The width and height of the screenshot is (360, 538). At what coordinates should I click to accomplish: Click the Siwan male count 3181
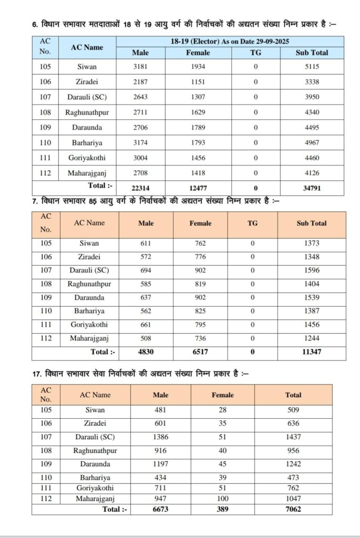pos(140,67)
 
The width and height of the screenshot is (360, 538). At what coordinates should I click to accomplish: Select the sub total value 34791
pos(312,188)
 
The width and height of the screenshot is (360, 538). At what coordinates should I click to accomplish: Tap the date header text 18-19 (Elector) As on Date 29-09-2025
pos(230,42)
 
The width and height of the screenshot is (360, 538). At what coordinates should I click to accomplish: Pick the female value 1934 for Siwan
pos(198,67)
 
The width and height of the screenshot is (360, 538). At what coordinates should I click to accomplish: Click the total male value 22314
pos(140,188)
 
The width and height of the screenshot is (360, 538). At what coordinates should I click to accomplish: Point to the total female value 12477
pos(198,188)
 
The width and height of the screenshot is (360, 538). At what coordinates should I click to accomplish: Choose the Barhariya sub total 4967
pos(312,142)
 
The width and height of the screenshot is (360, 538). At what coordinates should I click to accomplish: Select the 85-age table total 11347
pos(311,352)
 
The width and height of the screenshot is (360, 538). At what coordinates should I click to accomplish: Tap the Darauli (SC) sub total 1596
pos(311,271)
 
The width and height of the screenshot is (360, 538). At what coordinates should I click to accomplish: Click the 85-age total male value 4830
pos(146,352)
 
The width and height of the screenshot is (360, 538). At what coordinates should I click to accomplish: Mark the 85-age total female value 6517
pos(200,352)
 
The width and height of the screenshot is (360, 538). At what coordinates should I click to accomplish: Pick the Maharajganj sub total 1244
pos(311,338)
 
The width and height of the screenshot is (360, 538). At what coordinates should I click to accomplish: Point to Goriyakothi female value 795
pos(200,325)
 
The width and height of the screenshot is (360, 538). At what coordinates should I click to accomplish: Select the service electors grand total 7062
pos(293,509)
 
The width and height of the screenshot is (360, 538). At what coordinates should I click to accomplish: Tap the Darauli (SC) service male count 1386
pos(161,437)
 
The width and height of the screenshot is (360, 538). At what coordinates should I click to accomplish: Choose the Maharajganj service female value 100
pos(222,498)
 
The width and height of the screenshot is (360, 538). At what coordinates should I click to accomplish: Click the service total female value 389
pos(222,509)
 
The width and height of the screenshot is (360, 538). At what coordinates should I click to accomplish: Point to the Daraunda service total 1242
pos(293,464)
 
